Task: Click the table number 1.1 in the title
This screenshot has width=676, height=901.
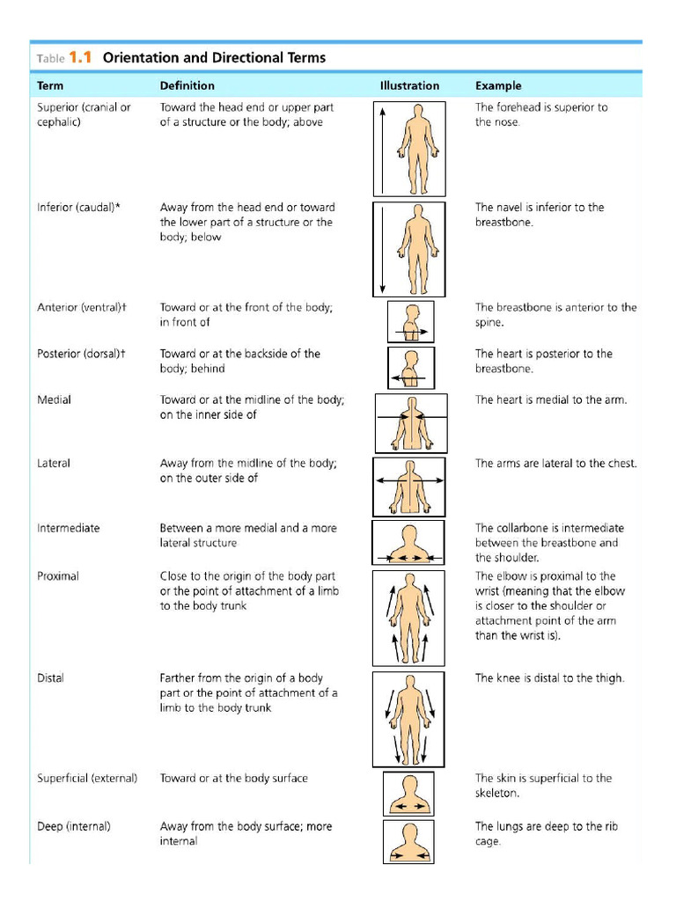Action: click(x=80, y=57)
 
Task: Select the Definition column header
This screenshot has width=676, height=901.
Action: click(x=187, y=86)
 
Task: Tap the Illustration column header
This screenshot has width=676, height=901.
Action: click(x=409, y=86)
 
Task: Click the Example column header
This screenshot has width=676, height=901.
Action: click(x=498, y=86)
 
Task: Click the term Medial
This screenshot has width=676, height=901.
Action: click(x=54, y=399)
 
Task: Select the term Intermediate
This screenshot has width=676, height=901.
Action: click(x=69, y=528)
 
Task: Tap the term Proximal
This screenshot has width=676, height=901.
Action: click(x=58, y=576)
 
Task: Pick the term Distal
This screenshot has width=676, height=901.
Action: click(x=50, y=678)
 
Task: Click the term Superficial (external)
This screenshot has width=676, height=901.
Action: click(x=87, y=779)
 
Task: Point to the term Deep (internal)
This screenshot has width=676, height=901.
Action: click(x=73, y=826)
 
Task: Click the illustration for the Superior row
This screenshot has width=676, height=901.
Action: click(x=409, y=148)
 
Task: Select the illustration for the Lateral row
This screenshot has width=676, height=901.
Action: click(x=409, y=486)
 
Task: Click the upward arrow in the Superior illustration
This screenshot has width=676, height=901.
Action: click(x=383, y=148)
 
